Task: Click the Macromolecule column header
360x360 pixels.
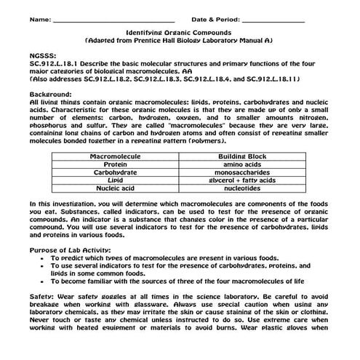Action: (114, 156)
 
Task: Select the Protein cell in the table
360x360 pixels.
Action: (114, 164)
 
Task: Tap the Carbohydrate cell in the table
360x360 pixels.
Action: (114, 173)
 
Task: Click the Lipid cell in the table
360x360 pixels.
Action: (114, 181)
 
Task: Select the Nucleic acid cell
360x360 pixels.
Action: (114, 190)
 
